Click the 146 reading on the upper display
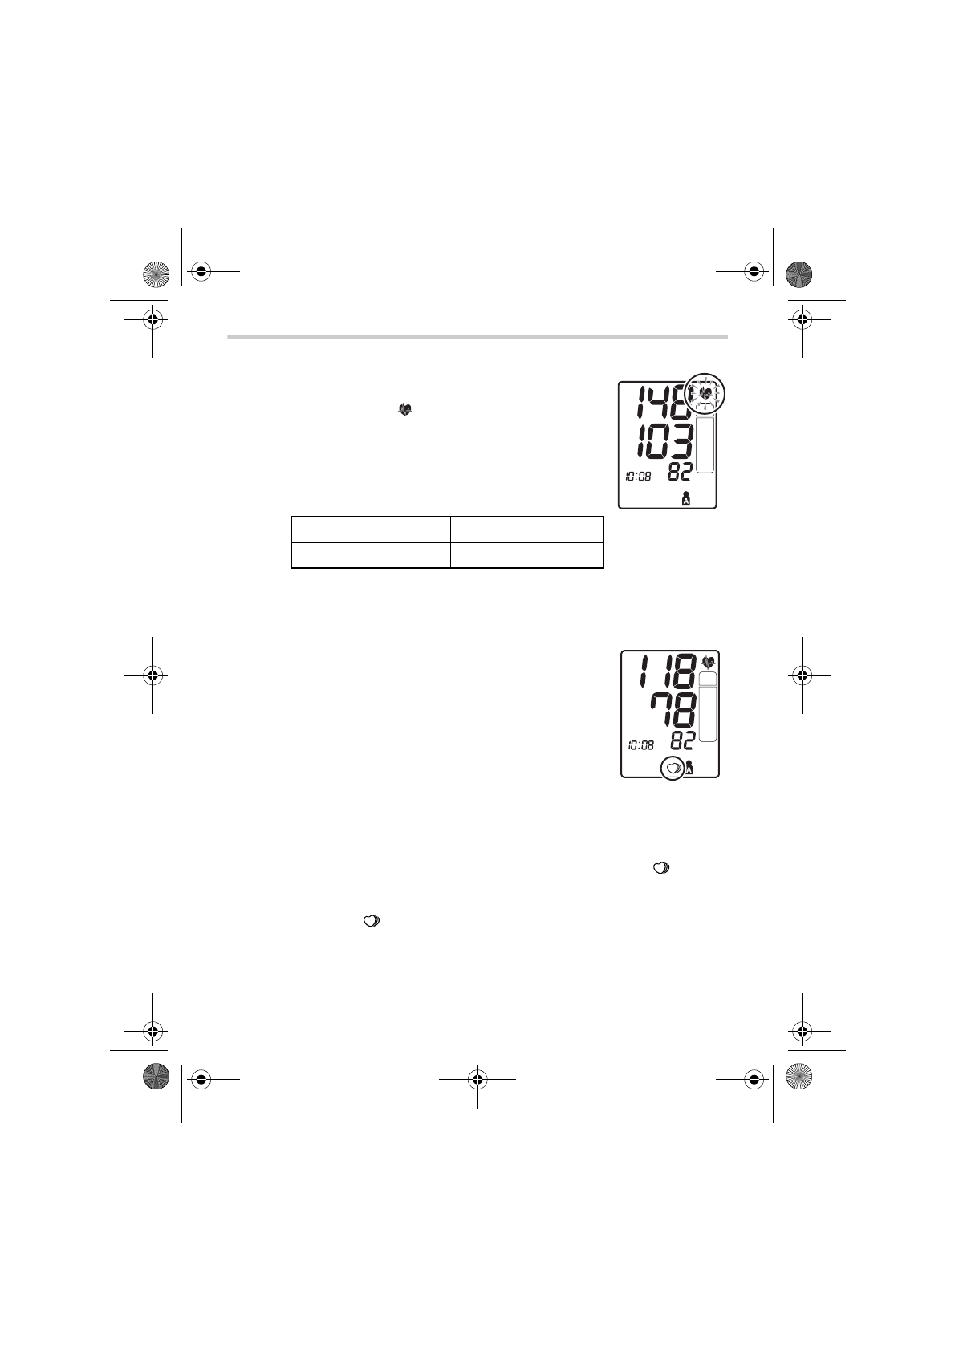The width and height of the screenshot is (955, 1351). (x=662, y=402)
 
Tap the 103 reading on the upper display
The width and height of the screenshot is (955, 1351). (x=661, y=441)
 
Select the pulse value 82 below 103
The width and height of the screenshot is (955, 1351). (x=679, y=473)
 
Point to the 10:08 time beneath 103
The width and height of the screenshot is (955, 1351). (x=638, y=477)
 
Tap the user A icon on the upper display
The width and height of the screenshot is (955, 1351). (x=686, y=499)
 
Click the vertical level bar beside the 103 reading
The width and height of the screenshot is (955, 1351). (x=705, y=444)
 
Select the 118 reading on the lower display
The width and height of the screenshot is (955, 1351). (x=668, y=671)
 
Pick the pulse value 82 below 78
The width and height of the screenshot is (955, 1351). (x=682, y=740)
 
